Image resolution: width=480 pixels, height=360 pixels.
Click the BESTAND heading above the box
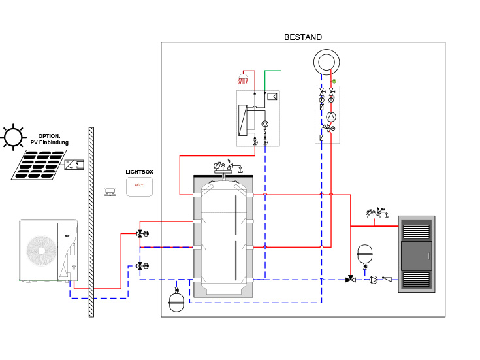[x=303, y=37]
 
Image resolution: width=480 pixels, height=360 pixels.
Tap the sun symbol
[x=12, y=137]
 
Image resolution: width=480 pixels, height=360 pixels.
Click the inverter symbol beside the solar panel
[x=76, y=164]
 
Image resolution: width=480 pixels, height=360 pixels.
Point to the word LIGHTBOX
[x=139, y=172]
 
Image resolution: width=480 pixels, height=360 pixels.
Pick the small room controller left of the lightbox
[x=110, y=191]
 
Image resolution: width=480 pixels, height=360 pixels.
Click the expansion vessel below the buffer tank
[x=177, y=301]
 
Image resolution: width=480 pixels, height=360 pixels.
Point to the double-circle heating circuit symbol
[x=325, y=62]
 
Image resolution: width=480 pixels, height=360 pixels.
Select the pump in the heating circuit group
[x=332, y=118]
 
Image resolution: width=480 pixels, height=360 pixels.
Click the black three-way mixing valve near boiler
[x=351, y=280]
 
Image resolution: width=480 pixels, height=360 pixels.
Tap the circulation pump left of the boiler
[x=373, y=280]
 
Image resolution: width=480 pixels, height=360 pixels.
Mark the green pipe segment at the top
[x=274, y=70]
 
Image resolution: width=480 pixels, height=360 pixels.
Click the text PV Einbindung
[x=49, y=142]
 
